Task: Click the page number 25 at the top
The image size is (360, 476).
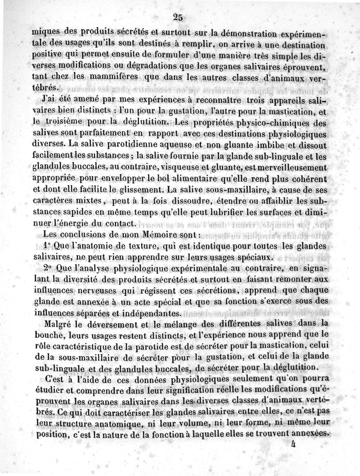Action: click(x=177, y=18)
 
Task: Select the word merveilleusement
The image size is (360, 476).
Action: click(x=290, y=167)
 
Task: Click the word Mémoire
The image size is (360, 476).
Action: click(x=144, y=234)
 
